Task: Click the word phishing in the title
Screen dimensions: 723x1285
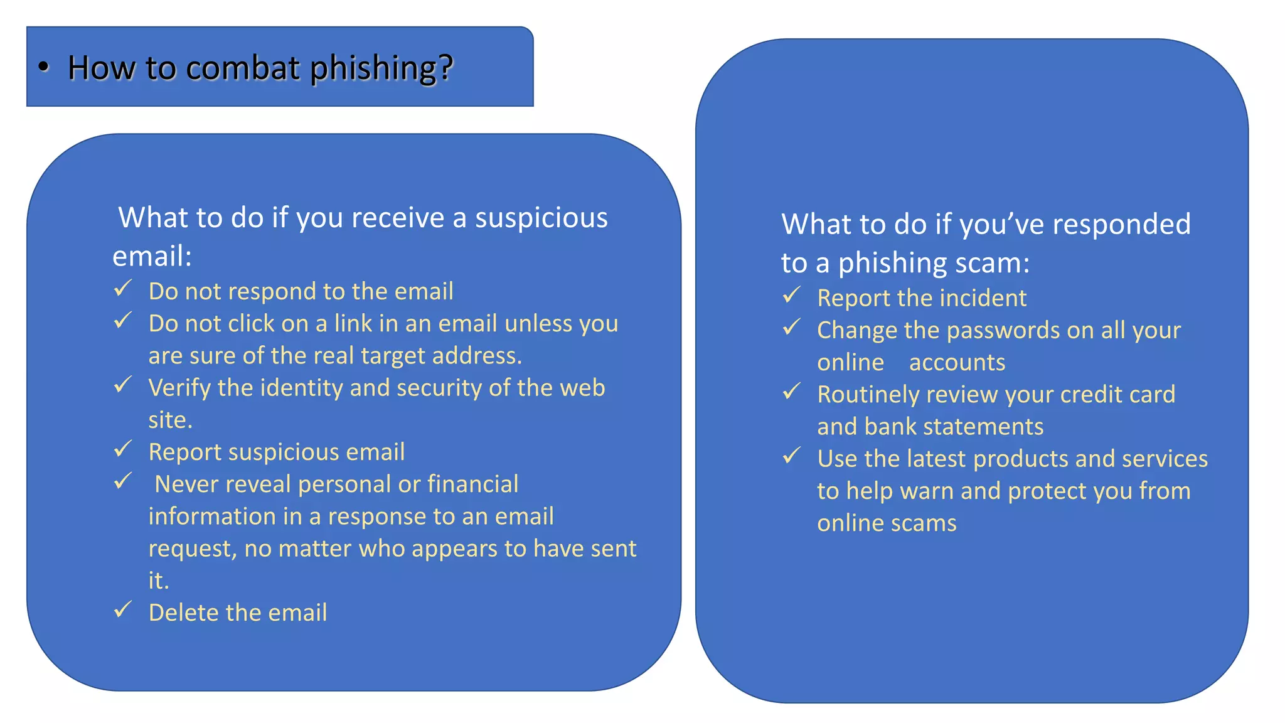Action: click(381, 68)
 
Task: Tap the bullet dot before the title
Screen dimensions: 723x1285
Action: click(43, 67)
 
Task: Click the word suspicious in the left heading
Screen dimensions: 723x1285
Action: click(541, 218)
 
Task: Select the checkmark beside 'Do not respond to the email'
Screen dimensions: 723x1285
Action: click(123, 289)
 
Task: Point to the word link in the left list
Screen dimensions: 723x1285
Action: click(353, 323)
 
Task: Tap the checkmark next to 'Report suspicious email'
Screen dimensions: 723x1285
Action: click(123, 449)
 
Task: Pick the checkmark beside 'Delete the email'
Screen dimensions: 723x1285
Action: click(123, 609)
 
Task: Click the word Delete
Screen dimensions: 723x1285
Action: click(184, 613)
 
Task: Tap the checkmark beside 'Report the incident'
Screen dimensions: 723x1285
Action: click(792, 295)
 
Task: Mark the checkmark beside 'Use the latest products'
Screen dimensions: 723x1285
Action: click(792, 456)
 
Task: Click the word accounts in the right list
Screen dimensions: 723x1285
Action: click(957, 363)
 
